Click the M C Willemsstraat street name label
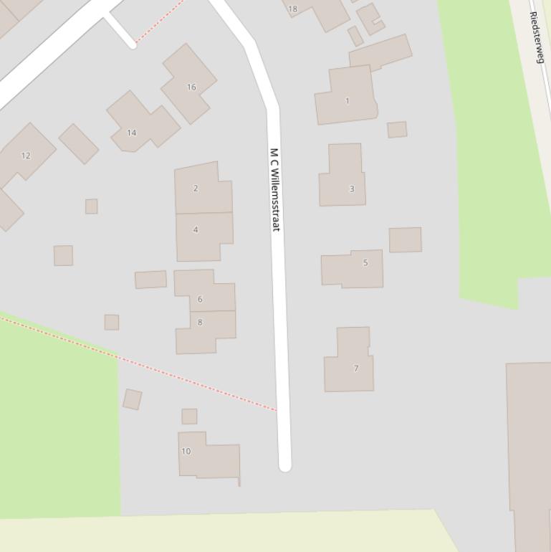[x=274, y=189]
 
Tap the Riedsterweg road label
[x=537, y=37]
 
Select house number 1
[x=348, y=100]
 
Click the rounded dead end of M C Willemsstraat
[x=284, y=465]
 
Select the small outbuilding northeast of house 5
[x=405, y=239]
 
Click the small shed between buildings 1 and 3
[x=397, y=129]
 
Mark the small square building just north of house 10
[x=189, y=416]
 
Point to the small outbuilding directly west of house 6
[x=150, y=279]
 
